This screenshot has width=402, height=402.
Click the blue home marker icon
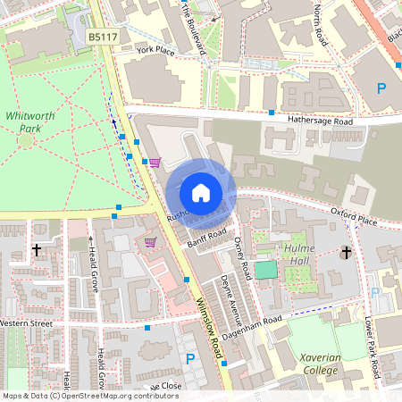pyautogui.click(x=201, y=192)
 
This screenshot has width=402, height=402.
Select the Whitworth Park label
pyautogui.click(x=29, y=121)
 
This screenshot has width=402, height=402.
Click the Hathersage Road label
pyautogui.click(x=321, y=121)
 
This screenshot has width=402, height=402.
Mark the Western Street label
pyautogui.click(x=27, y=322)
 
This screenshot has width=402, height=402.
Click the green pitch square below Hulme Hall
pyautogui.click(x=265, y=270)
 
